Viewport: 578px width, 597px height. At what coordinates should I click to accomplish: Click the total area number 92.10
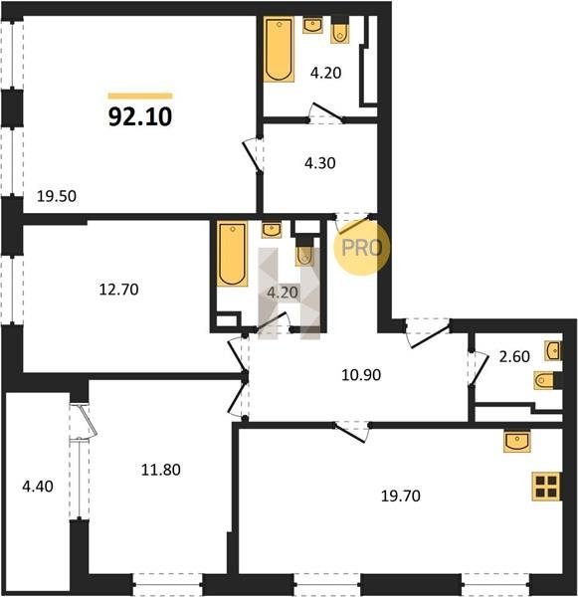[x=140, y=116]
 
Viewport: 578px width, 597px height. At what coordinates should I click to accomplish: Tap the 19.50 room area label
[x=57, y=196]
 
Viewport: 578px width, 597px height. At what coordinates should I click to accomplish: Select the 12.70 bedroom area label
[x=118, y=290]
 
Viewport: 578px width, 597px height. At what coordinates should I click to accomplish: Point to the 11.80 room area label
[x=161, y=470]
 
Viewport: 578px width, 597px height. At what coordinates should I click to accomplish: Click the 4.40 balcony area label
[x=38, y=487]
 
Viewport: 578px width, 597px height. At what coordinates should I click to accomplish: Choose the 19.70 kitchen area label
[x=401, y=496]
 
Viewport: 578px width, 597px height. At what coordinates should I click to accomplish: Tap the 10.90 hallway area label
[x=361, y=375]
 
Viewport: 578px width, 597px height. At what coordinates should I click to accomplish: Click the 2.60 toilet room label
[x=514, y=356]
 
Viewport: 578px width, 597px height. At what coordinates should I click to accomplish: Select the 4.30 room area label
[x=320, y=163]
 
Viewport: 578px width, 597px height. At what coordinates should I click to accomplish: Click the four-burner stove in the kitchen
[x=547, y=486]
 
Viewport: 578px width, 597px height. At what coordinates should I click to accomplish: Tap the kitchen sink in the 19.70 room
[x=517, y=441]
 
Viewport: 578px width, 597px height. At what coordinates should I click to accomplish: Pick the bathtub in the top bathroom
[x=280, y=50]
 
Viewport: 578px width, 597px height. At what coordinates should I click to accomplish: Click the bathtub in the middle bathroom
[x=232, y=254]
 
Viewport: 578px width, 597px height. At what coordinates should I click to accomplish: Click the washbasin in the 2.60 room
[x=554, y=350]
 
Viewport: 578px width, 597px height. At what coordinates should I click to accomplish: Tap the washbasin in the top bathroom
[x=312, y=26]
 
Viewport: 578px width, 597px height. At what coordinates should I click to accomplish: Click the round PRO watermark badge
[x=362, y=248]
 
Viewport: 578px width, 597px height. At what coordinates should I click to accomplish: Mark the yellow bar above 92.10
[x=140, y=96]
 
